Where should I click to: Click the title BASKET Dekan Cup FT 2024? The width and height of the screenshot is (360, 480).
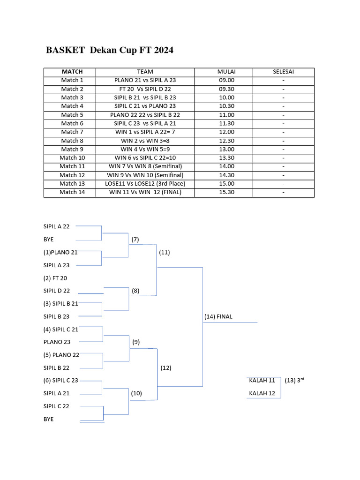point(109,50)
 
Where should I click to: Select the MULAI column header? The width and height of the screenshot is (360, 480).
point(226,72)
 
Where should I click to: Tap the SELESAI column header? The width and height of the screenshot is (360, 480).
point(284,72)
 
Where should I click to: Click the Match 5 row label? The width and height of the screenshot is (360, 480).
point(72,115)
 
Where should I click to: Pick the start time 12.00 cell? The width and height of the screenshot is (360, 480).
point(226,132)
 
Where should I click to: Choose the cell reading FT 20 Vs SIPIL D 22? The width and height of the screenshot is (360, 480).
point(145,89)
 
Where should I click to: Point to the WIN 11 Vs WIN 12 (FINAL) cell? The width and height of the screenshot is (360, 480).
point(145,192)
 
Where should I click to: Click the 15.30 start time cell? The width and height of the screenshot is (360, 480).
point(226,192)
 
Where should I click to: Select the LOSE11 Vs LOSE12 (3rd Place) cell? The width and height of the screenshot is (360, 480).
point(145,184)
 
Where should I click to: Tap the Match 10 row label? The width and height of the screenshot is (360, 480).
point(72,158)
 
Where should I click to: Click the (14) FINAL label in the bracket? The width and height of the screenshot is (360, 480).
point(218,317)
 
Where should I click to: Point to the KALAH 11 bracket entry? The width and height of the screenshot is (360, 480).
point(262,381)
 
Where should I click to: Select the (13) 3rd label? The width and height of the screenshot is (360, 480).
point(294,380)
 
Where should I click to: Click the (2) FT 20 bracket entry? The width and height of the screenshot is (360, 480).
point(55,278)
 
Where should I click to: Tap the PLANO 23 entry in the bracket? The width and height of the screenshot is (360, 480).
point(57,342)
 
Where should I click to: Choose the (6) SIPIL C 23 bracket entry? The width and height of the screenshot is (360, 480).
point(61,381)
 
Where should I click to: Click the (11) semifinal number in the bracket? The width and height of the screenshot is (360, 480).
point(165,252)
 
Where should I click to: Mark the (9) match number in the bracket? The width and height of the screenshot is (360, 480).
point(136,342)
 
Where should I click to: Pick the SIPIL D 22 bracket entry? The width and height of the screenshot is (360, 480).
point(57,291)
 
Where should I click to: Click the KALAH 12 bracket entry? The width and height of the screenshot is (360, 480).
point(262,393)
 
